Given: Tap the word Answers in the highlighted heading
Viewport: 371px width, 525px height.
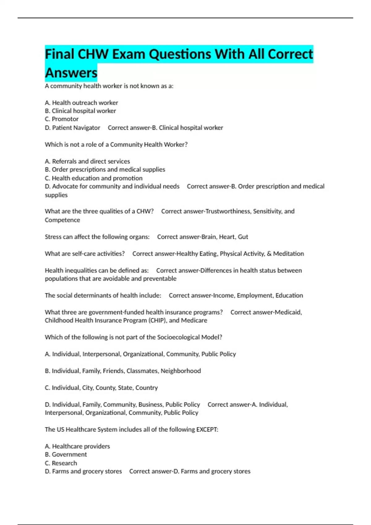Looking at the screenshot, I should coord(71,73).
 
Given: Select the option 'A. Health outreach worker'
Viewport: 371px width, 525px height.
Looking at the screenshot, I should coord(81,103).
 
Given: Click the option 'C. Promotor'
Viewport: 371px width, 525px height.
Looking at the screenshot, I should coord(62,119).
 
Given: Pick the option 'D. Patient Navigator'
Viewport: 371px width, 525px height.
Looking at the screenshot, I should coord(72,128).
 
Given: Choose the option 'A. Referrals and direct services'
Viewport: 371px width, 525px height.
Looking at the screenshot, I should coord(87,161).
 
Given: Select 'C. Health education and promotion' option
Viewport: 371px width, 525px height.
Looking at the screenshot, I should coord(94,178).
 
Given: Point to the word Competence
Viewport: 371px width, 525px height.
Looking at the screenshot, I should coord(62,220).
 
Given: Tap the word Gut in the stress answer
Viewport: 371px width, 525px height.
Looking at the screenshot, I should coord(243,237).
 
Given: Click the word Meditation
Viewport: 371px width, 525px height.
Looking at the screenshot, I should coord(288,254).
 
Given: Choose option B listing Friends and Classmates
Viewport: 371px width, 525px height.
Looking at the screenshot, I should coord(123,371).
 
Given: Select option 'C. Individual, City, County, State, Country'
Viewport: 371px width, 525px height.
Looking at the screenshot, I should coord(101,388).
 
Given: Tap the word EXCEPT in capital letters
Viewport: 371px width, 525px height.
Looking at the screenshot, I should coord(207,430).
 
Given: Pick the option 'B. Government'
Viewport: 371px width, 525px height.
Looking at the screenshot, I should coord(66,455).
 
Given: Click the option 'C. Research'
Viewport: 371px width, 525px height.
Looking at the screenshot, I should coord(61,463).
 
